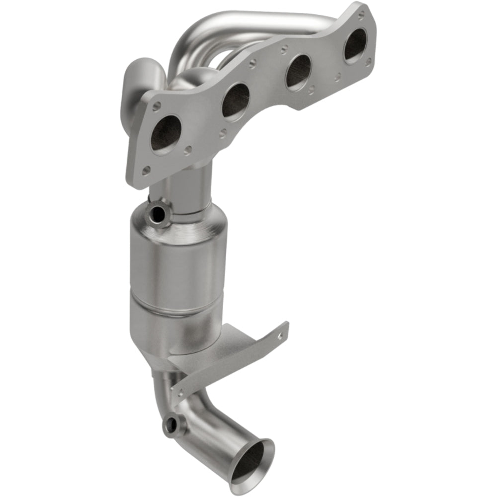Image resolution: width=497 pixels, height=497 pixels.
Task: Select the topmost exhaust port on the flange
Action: coord(355,46)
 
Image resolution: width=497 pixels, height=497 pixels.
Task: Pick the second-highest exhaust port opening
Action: coord(299,72)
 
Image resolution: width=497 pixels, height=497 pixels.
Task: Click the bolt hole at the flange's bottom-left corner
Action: coord(146,171)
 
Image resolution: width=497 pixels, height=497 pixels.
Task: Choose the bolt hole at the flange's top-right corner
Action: coord(368,62)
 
